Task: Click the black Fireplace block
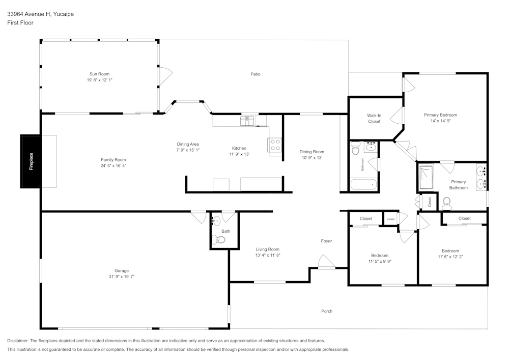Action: (x=31, y=161)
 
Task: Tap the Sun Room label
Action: (x=99, y=74)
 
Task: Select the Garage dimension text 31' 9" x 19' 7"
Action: (x=122, y=276)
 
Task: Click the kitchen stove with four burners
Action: (x=275, y=145)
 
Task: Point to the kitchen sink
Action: (x=247, y=121)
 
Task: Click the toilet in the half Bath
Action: (x=218, y=240)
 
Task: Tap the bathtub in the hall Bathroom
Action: (x=363, y=184)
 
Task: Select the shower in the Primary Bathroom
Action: (x=426, y=177)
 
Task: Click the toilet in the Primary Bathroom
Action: (x=447, y=204)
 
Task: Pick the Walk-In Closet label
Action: (x=374, y=119)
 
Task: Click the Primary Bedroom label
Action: (x=440, y=115)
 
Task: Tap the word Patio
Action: (x=256, y=74)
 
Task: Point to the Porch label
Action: (x=327, y=311)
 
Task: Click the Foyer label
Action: (x=326, y=241)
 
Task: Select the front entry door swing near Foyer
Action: (x=327, y=261)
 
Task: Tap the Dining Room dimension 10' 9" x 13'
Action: (x=312, y=158)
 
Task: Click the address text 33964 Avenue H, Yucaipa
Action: (x=41, y=14)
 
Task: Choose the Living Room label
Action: (x=268, y=250)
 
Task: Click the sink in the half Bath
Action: (x=216, y=221)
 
